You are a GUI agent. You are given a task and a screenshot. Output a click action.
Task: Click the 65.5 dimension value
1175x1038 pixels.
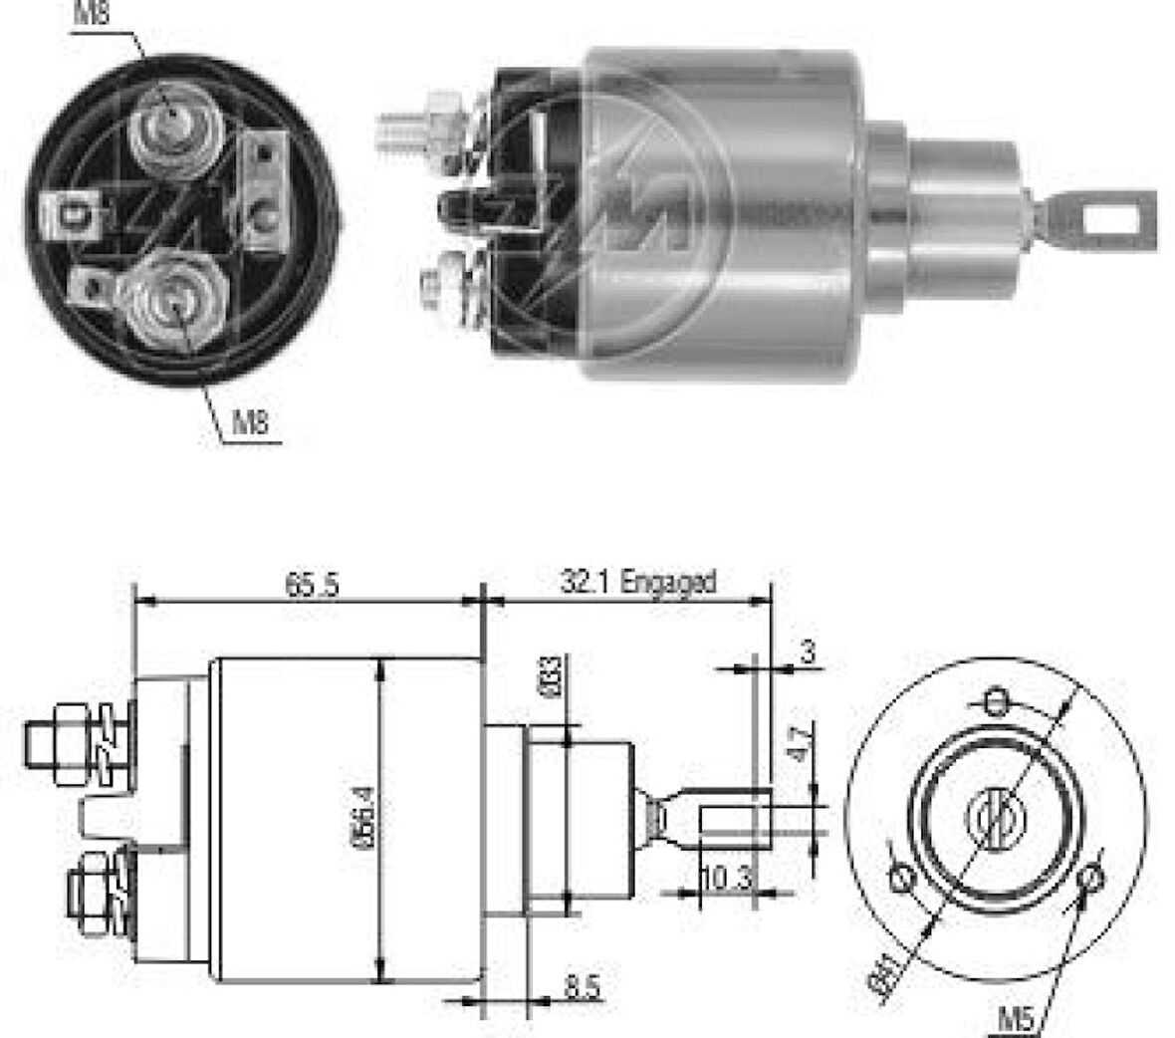click(312, 585)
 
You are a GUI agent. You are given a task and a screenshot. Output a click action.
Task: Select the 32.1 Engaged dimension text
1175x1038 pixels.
click(637, 582)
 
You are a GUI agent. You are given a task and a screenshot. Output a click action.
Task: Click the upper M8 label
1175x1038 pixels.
click(93, 14)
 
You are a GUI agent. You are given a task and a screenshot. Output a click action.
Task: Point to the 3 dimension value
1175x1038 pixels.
click(808, 653)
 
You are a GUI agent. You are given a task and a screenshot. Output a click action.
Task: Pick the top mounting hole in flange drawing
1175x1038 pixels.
click(995, 702)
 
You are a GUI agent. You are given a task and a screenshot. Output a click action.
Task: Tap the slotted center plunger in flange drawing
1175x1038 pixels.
click(995, 817)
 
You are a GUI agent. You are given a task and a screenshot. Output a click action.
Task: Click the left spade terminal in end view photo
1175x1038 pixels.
click(72, 211)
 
